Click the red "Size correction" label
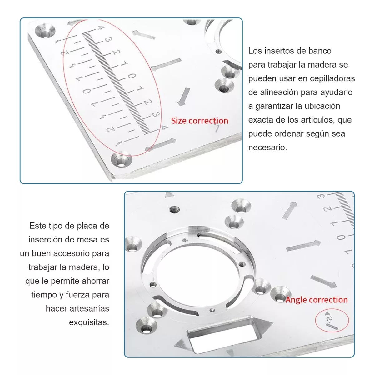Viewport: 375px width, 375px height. [199, 121]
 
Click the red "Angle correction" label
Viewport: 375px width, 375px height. [317, 300]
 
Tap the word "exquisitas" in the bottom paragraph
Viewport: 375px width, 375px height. [89, 322]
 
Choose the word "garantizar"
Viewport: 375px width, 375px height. [274, 106]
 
